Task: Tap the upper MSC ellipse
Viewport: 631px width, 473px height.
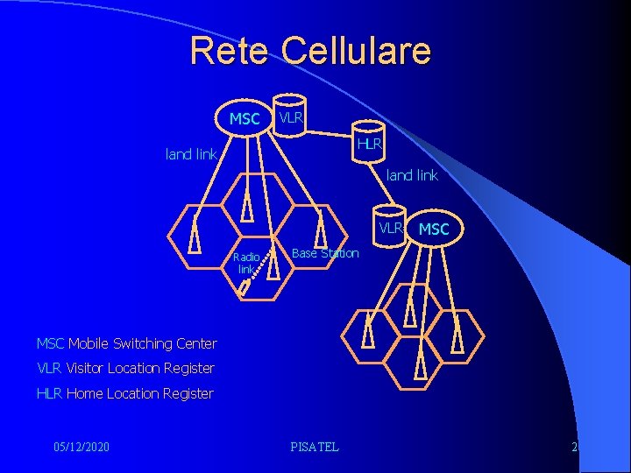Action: tap(245, 118)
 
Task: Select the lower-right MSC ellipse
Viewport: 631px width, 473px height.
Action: tap(434, 229)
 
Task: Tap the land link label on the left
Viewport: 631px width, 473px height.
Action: tap(191, 154)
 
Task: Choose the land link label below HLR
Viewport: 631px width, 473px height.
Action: tap(412, 175)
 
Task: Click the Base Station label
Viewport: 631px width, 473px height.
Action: tap(325, 253)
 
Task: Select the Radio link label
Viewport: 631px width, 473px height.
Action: tap(246, 263)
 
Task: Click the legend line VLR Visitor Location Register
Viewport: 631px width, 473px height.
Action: tap(125, 368)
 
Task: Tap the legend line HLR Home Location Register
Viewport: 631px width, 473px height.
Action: tap(124, 393)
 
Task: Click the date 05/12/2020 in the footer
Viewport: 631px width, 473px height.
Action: tap(82, 447)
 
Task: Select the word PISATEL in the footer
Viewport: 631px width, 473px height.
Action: tap(314, 447)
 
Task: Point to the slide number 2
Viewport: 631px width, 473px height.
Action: tap(574, 447)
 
